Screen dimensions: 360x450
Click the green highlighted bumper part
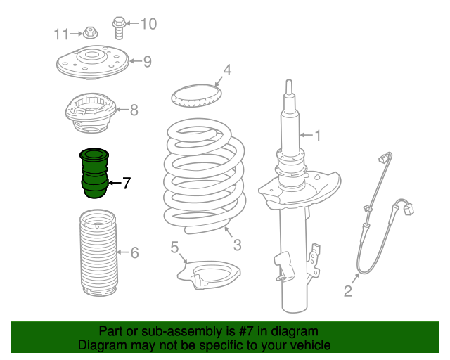tap(94, 174)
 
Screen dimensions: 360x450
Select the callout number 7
tap(126, 184)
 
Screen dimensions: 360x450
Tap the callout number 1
tap(317, 135)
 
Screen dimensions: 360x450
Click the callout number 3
tap(238, 245)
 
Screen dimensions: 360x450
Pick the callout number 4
tap(226, 70)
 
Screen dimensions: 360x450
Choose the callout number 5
tap(174, 247)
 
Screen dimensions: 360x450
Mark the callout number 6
tap(134, 252)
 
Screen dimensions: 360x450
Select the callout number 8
tap(134, 110)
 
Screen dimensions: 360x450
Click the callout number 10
tap(148, 25)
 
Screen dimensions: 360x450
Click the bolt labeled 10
tap(119, 27)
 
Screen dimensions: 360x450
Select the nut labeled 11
tap(89, 32)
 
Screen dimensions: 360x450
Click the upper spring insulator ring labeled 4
tap(197, 95)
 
